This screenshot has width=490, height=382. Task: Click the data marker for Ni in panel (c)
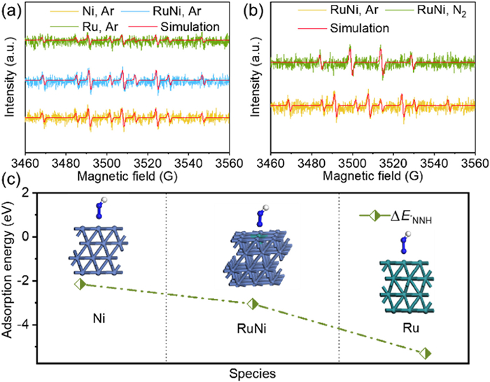[x=80, y=284]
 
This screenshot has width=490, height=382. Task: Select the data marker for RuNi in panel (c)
[x=253, y=304]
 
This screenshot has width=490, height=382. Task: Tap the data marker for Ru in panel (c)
[x=425, y=353]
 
